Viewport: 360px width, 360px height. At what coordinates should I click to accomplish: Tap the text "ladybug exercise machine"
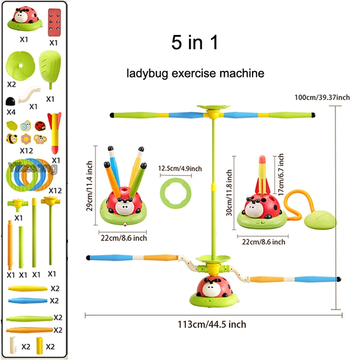point(196,73)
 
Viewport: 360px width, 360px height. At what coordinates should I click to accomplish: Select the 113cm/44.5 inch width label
point(212,324)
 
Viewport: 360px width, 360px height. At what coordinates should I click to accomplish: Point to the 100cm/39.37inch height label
point(322,98)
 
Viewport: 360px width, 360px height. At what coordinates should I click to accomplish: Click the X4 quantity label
point(11,111)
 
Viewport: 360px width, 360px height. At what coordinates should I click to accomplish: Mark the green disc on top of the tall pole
point(212,108)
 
